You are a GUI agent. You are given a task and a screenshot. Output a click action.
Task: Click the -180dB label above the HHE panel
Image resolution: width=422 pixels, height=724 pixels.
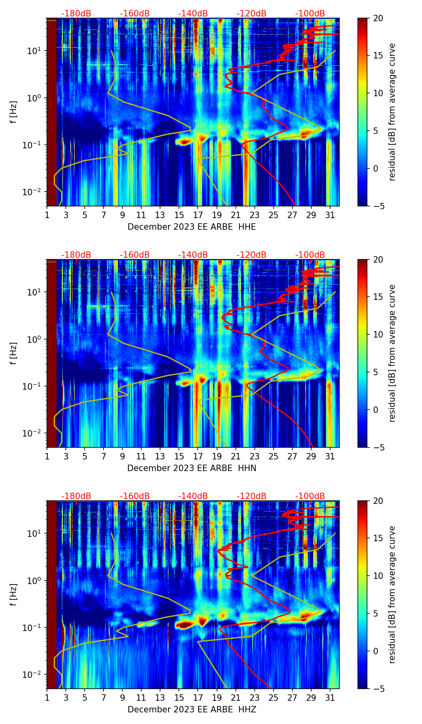(x=76, y=14)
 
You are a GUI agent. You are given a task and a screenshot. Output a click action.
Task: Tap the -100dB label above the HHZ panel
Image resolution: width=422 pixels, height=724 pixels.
(x=310, y=496)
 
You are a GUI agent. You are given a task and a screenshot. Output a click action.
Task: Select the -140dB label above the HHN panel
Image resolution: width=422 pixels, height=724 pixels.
(x=193, y=255)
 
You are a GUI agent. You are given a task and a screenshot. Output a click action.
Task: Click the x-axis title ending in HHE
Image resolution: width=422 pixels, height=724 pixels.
(x=192, y=227)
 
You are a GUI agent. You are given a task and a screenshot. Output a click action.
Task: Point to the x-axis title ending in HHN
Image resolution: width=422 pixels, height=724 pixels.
(x=192, y=468)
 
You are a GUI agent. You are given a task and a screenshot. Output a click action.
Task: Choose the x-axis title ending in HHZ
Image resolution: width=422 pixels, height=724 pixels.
(x=192, y=710)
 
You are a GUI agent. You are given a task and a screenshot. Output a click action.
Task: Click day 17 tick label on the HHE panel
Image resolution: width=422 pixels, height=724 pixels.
(x=198, y=215)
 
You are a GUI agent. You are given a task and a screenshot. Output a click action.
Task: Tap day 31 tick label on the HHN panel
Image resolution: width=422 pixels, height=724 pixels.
(x=330, y=456)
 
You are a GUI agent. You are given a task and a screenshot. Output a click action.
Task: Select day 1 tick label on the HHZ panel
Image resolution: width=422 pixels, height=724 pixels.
(x=47, y=698)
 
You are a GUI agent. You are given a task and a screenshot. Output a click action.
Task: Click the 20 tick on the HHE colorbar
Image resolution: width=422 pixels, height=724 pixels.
(x=378, y=18)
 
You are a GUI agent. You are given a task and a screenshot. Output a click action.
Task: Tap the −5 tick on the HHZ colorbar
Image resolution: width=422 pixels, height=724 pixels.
(x=378, y=689)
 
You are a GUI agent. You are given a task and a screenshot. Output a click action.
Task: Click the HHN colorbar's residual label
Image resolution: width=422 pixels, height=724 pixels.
(x=392, y=353)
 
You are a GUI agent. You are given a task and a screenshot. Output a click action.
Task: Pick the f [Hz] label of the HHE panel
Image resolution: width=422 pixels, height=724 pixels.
(x=14, y=112)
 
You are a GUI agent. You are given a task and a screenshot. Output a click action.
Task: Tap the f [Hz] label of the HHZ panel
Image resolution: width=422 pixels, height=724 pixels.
(x=14, y=595)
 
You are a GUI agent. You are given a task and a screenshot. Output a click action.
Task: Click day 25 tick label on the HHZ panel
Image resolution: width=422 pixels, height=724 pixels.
(x=274, y=698)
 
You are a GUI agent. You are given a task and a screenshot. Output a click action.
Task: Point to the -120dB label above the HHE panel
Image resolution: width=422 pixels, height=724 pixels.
(x=252, y=14)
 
